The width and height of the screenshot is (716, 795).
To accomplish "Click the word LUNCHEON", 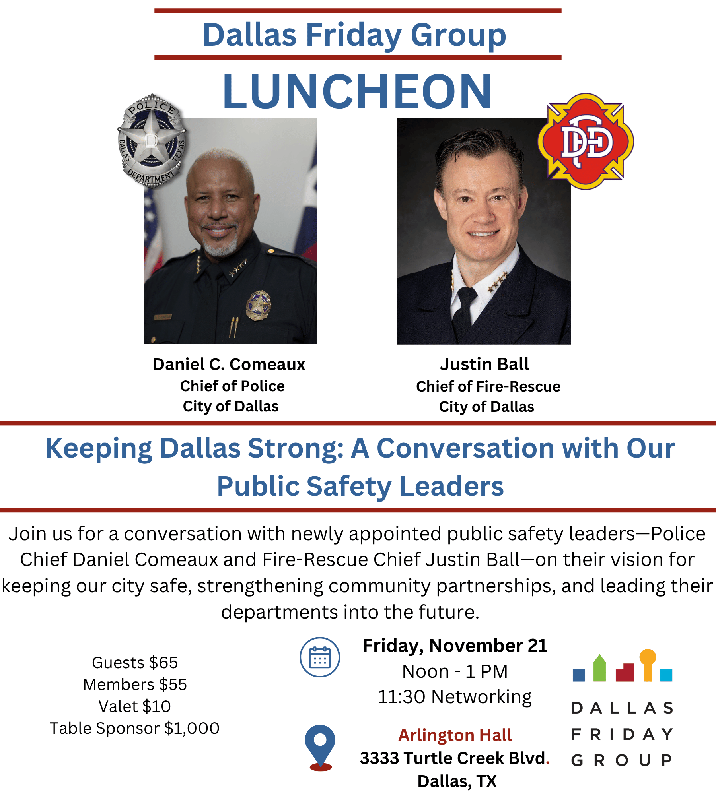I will coord(357,92).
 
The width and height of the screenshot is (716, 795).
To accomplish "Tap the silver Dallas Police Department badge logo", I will coord(152,140).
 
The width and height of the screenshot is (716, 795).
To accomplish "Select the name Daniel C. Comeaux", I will coord(229,364).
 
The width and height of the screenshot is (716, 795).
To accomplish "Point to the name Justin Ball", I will coord(484,364).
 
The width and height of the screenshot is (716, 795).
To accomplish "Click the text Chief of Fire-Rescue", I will coord(488,386).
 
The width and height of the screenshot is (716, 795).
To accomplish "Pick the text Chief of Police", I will coord(232,386).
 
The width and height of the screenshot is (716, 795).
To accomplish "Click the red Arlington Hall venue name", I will coord(455,735).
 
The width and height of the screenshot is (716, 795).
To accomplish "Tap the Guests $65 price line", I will coord(135,663).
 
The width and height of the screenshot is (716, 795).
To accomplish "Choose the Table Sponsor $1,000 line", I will coord(134,728).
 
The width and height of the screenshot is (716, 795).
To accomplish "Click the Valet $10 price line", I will coord(135,706).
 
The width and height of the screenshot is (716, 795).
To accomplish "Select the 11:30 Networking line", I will coord(455,697).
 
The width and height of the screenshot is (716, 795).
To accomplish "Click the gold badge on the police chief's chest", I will coord(259,305).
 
